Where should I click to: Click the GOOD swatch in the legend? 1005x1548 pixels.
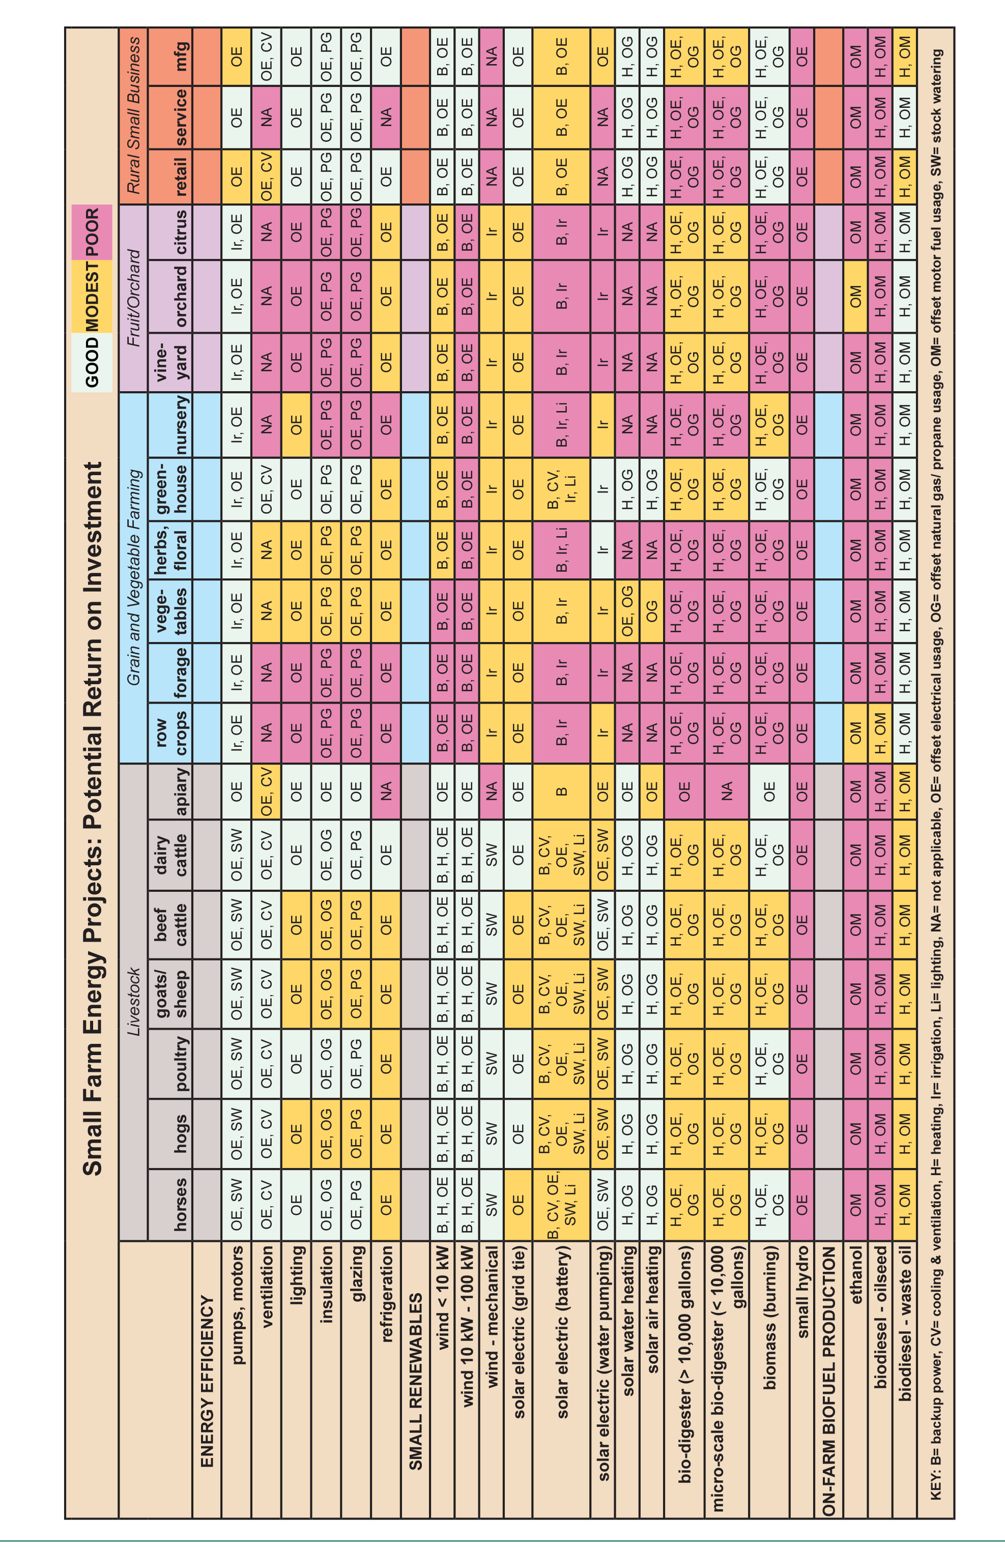(x=92, y=362)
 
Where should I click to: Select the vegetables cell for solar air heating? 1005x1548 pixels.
(x=652, y=607)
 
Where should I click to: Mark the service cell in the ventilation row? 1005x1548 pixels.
(x=266, y=117)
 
